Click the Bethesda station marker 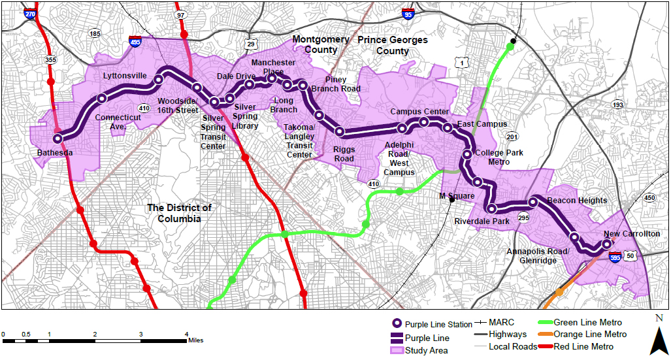(57, 139)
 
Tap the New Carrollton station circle (606, 244)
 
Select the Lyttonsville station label (125, 76)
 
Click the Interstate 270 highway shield (30, 13)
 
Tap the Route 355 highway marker (50, 59)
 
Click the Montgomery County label (320, 44)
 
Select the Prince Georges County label (393, 45)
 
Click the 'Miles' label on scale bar (196, 340)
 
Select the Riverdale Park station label (482, 221)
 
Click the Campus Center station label (419, 112)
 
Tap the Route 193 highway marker (617, 105)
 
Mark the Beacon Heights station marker (533, 202)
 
